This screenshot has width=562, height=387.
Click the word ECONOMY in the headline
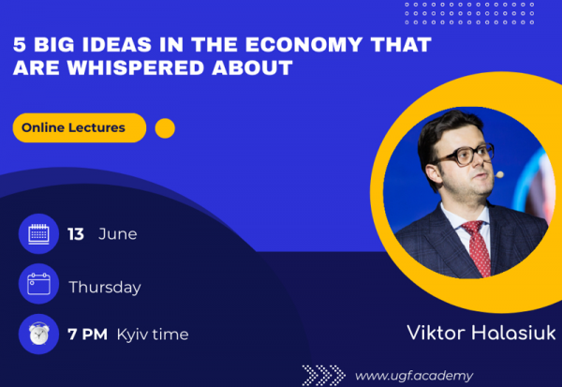[x=303, y=45]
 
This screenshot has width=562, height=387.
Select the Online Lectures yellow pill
[x=80, y=127]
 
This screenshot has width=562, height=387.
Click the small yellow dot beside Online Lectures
[x=165, y=128]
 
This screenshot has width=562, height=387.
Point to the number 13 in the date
[x=76, y=234]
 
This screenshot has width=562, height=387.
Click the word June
[x=118, y=234]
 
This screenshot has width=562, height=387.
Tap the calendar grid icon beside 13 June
[x=38, y=234]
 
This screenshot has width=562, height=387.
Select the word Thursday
[x=105, y=288]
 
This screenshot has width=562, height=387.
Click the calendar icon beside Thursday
[x=38, y=284]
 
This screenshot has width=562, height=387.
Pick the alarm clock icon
[x=38, y=334]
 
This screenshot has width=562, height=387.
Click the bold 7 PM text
[x=87, y=335]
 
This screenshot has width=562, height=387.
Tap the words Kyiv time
[x=153, y=335]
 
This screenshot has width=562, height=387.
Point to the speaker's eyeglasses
[x=465, y=156]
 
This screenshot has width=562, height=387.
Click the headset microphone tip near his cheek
[x=499, y=174]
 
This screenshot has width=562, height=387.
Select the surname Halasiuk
[x=513, y=333]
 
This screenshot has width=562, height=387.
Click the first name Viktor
[x=436, y=333]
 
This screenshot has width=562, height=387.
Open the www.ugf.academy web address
[x=414, y=376]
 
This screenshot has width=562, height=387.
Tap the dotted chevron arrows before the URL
[x=324, y=375]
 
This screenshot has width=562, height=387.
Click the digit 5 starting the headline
[x=20, y=45]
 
